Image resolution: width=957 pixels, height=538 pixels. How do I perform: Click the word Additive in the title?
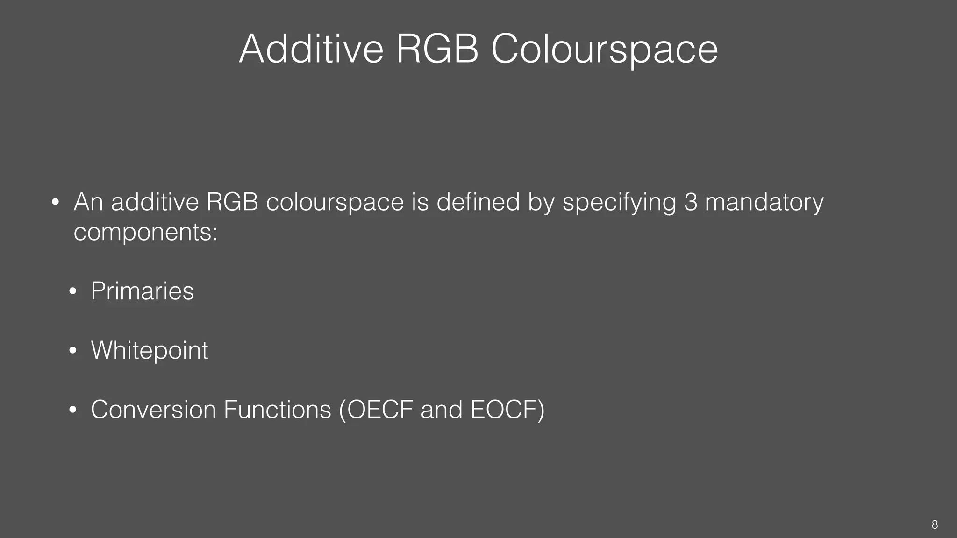click(311, 49)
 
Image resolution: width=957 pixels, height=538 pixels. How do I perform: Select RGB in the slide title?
click(437, 49)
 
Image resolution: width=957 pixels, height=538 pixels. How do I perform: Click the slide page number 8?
click(934, 524)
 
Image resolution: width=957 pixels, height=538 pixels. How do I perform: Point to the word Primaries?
click(142, 291)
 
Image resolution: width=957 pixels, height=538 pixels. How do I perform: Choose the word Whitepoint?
click(150, 350)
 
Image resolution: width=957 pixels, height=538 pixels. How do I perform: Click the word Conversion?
click(153, 410)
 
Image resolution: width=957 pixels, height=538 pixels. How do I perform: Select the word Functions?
click(277, 410)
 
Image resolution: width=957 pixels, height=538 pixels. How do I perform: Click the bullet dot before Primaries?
click(72, 292)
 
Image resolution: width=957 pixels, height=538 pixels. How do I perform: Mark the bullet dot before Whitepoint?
click(72, 351)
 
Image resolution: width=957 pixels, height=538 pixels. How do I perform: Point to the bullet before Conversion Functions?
click(72, 410)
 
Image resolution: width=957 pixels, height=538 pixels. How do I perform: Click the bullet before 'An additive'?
click(55, 203)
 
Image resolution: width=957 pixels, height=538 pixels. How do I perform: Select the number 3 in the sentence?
click(690, 202)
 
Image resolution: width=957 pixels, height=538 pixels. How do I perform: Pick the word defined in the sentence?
click(478, 202)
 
